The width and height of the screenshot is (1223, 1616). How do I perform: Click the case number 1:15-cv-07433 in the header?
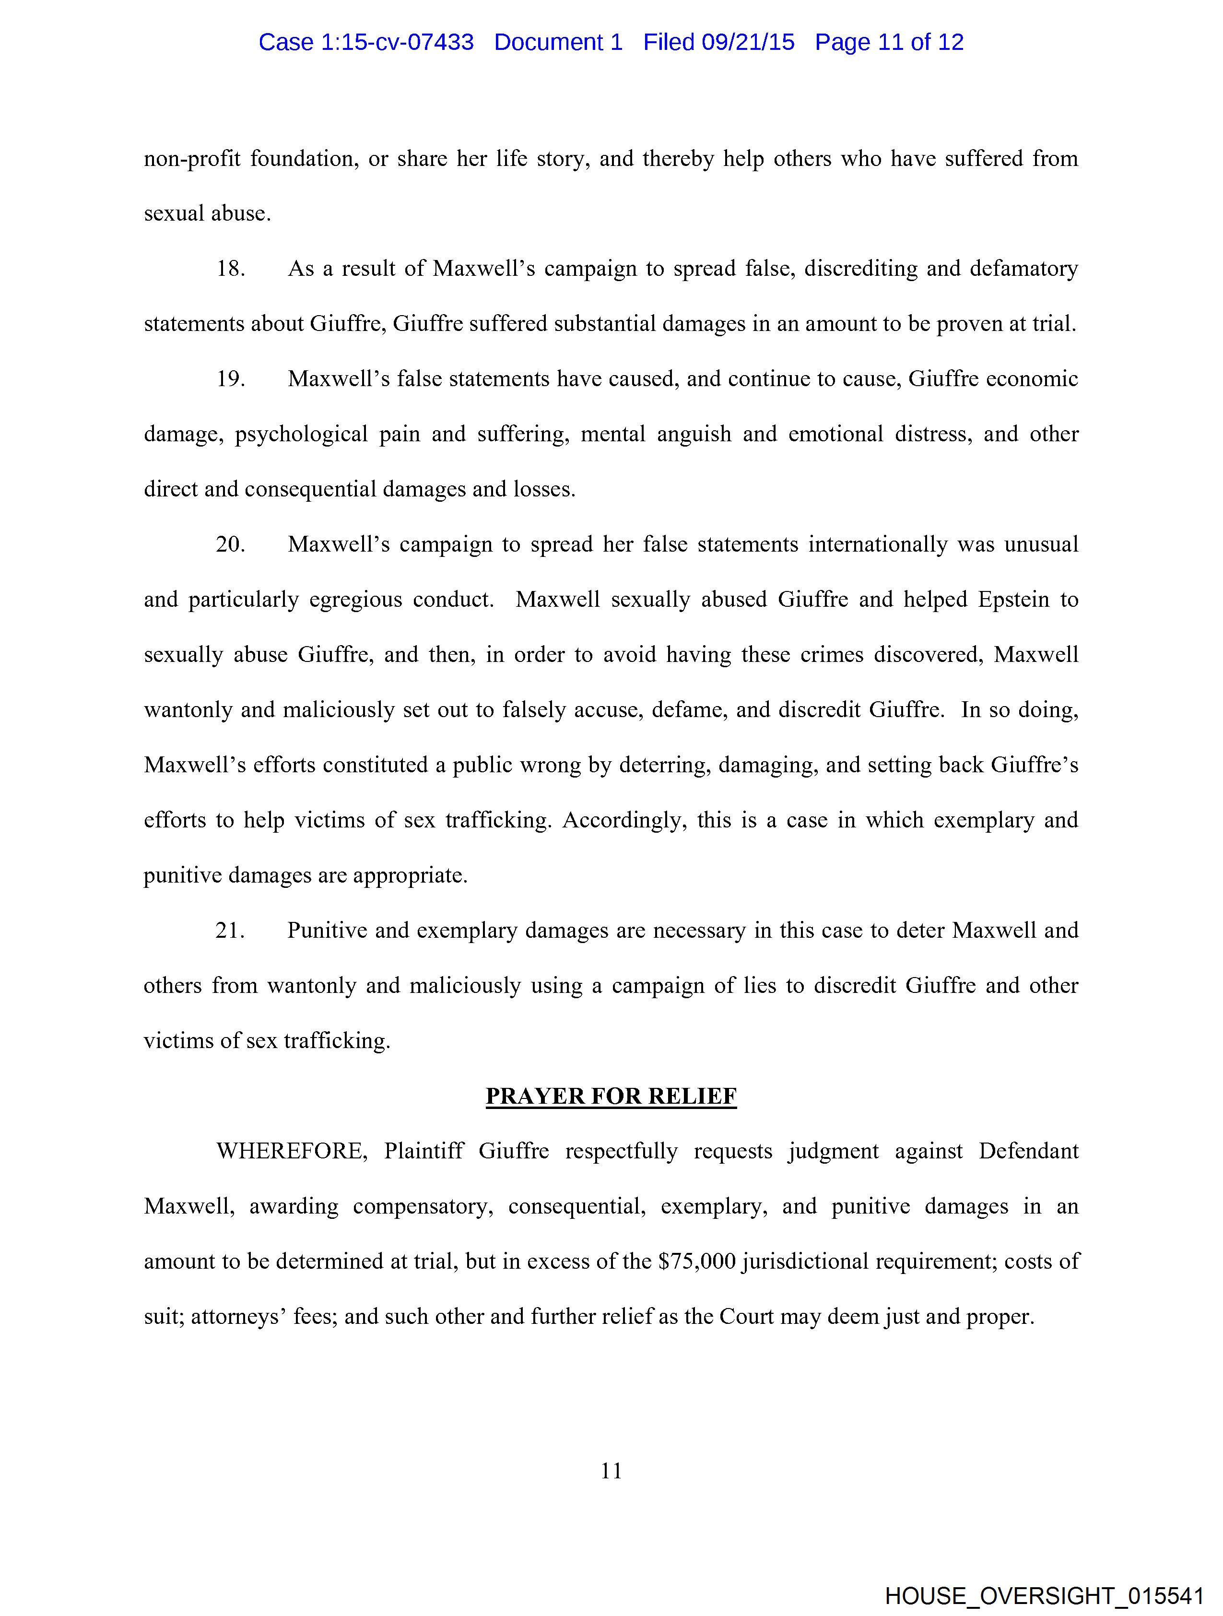pyautogui.click(x=397, y=42)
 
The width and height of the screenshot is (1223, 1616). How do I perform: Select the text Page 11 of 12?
pyautogui.click(x=889, y=42)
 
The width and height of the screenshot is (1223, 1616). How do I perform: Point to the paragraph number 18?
pyautogui.click(x=230, y=269)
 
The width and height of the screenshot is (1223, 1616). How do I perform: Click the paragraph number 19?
pyautogui.click(x=230, y=379)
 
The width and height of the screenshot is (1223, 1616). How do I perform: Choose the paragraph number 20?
pyautogui.click(x=230, y=544)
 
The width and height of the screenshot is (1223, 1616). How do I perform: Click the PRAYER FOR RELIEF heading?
pyautogui.click(x=611, y=1096)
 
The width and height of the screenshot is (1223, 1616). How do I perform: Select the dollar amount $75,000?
pyautogui.click(x=696, y=1262)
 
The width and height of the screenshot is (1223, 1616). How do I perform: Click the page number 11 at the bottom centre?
pyautogui.click(x=611, y=1471)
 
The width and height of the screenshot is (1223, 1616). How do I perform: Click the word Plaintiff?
pyautogui.click(x=423, y=1151)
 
